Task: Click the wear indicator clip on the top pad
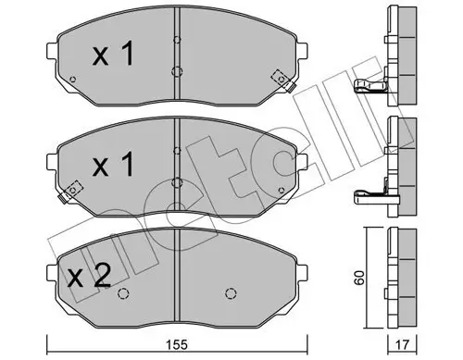click(278, 81)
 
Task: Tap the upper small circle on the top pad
click(176, 40)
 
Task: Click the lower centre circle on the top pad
click(176, 72)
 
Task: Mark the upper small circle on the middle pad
click(176, 147)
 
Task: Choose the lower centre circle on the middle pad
click(176, 181)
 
